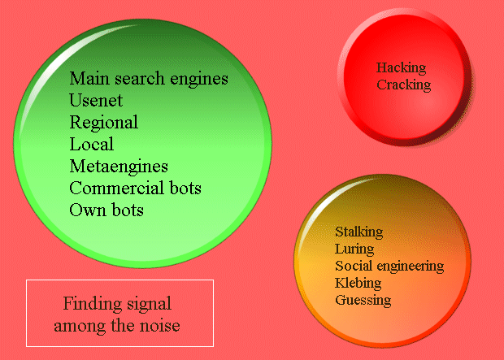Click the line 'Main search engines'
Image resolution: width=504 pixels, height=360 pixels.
149,79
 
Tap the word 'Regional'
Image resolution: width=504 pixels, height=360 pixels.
103,123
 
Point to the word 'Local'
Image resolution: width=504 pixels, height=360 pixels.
91,145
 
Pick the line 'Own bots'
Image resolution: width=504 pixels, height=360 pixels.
106,210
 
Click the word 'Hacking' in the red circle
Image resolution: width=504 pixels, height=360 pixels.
401,68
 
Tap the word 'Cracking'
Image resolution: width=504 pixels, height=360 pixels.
403,85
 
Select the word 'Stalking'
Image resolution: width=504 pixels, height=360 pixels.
358,232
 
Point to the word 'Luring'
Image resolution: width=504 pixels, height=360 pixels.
354,249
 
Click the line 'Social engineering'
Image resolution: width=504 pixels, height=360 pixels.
389,267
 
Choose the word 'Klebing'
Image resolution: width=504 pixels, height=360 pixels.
358,284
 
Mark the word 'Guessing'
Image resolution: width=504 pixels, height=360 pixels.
363,301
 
